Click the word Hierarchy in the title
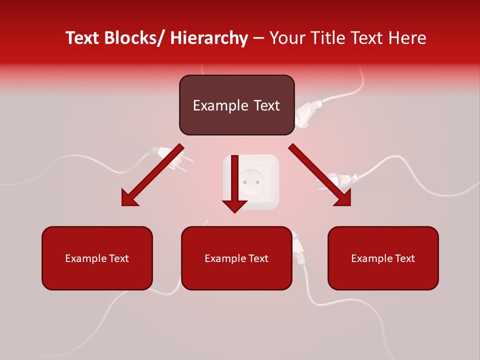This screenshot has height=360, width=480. click(209, 38)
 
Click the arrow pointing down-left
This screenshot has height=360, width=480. click(152, 175)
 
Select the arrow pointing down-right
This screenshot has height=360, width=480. click(320, 175)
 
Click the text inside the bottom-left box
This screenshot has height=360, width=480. click(97, 258)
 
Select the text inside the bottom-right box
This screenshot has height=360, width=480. click(383, 258)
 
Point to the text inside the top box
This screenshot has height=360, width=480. click(236, 105)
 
